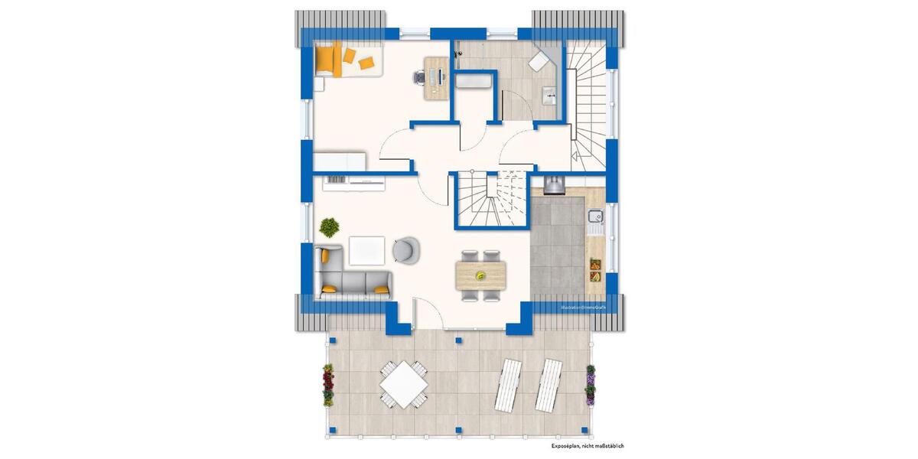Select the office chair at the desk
click(419, 76)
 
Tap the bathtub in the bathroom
click(475, 82)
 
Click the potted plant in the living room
click(330, 226)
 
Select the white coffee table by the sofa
click(367, 249)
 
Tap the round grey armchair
click(405, 249)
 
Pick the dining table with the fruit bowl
click(480, 275)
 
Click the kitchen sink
click(595, 222)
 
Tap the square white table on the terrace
click(403, 383)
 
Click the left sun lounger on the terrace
click(510, 384)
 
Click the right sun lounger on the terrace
click(549, 384)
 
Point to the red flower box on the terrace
click(329, 384)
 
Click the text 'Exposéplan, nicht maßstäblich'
click(588, 445)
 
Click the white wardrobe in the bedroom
click(340, 161)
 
